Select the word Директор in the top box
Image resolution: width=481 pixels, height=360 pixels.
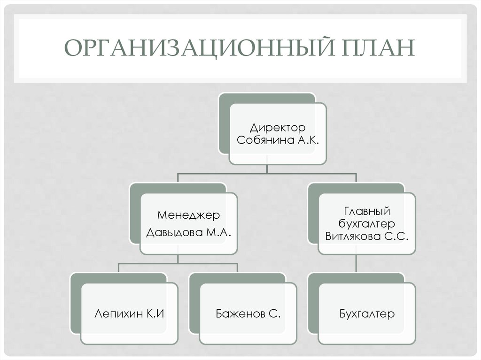coord(278,128)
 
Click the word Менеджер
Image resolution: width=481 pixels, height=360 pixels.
coord(188,215)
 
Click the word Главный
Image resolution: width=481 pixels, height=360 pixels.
coord(367,212)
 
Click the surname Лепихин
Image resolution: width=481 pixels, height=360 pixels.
coord(116,314)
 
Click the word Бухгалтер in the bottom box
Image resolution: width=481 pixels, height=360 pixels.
coord(367,314)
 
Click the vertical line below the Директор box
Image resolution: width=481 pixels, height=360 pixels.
coord(267,169)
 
